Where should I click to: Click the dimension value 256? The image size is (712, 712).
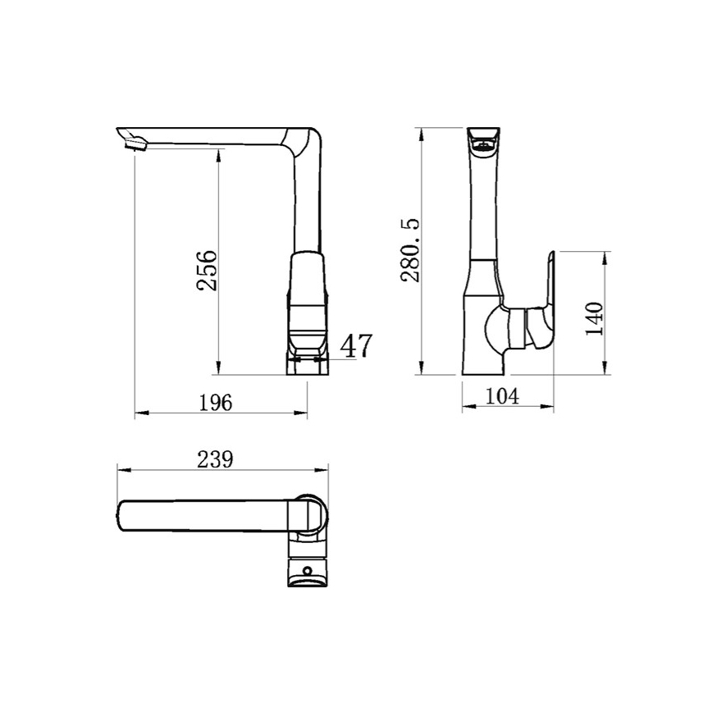[x=207, y=270]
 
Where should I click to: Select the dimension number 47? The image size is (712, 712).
[x=356, y=346]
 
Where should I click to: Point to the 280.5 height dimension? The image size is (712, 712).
[x=410, y=250]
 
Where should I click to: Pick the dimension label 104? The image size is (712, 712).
[x=502, y=396]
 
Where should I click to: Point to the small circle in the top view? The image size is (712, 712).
[x=308, y=569]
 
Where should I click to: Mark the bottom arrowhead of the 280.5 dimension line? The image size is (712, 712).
[x=421, y=371]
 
